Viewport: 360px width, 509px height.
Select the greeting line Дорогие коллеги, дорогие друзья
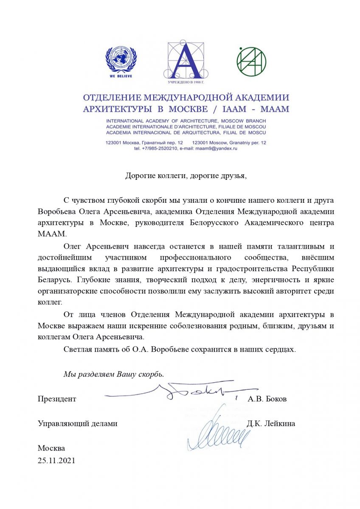click(x=186, y=176)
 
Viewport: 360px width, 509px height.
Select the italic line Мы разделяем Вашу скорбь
click(x=113, y=374)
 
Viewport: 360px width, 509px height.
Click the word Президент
click(x=57, y=399)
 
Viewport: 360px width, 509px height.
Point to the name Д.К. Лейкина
click(x=270, y=423)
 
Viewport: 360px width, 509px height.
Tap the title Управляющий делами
click(x=77, y=423)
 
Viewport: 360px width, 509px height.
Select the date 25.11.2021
click(x=56, y=460)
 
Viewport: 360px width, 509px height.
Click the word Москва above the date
click(x=51, y=448)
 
